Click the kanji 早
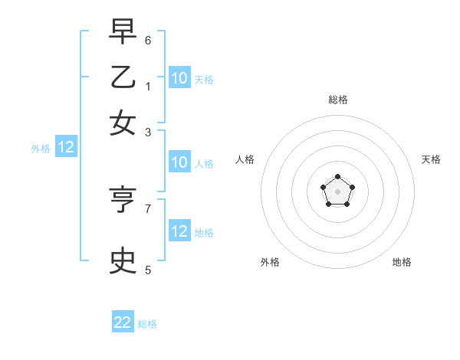click(x=123, y=33)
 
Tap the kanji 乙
click(x=123, y=77)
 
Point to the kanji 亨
click(x=123, y=201)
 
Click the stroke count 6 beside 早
click(x=148, y=40)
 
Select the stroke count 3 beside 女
click(x=148, y=132)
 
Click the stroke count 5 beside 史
click(x=148, y=269)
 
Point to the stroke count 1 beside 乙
click(x=148, y=86)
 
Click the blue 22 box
click(x=123, y=322)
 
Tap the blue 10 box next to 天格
click(x=179, y=78)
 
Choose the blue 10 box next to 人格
click(x=179, y=162)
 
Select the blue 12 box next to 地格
click(x=179, y=231)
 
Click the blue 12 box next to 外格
click(x=66, y=148)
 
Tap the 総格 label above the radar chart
click(x=338, y=100)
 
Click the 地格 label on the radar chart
click(x=402, y=262)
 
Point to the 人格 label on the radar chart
click(x=245, y=159)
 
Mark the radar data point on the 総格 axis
click(x=338, y=177)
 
